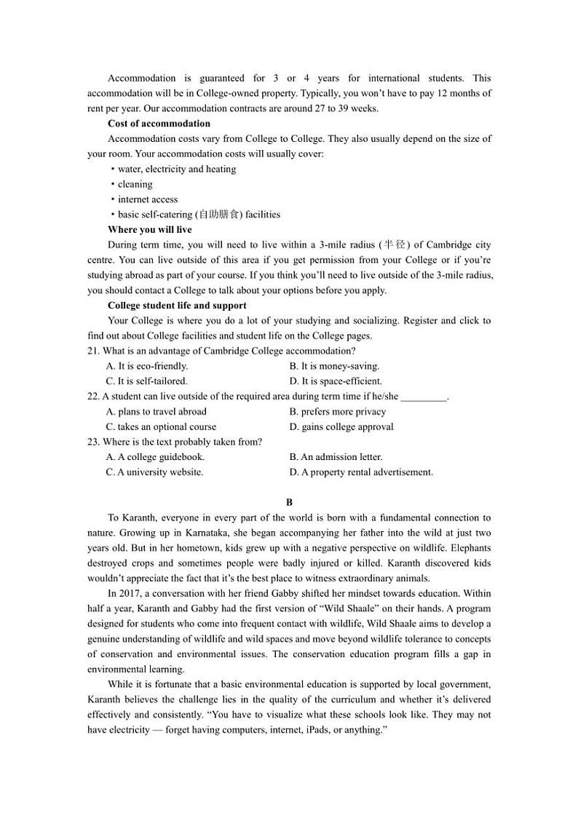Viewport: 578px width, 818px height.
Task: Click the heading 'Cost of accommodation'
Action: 159,124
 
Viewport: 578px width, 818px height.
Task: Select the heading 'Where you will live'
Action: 150,230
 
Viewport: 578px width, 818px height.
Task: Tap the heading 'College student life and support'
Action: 177,306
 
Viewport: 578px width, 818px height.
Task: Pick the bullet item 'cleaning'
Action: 135,184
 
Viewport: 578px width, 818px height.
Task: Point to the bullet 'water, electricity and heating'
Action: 176,169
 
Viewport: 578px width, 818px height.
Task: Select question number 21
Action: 93,351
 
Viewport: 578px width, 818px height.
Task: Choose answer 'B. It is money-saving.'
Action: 334,366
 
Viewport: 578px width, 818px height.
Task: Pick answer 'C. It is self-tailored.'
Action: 146,381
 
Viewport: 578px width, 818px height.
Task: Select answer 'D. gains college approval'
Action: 341,427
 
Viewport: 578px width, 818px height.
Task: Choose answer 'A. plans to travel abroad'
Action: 156,412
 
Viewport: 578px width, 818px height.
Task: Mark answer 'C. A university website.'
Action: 154,472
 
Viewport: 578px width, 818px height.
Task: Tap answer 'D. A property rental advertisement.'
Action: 361,472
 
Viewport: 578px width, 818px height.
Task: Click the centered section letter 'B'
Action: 289,502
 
